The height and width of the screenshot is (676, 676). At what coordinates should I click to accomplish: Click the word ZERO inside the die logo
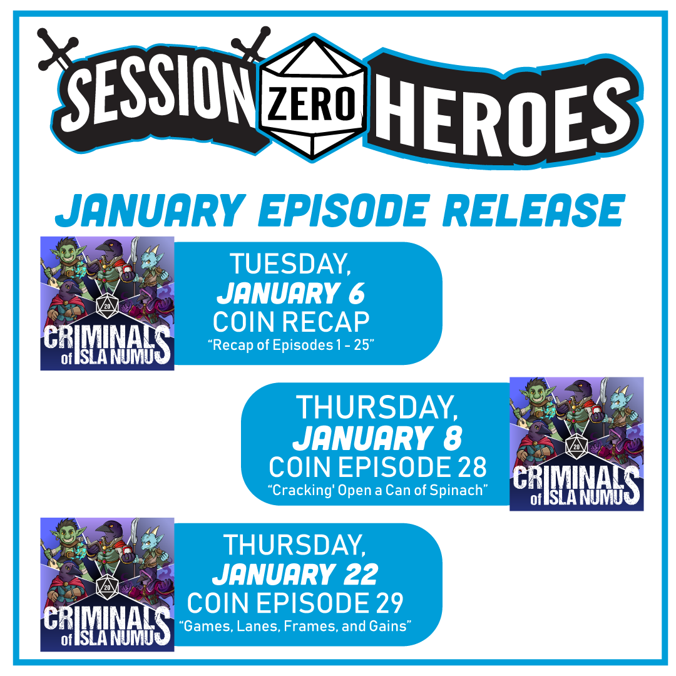click(311, 104)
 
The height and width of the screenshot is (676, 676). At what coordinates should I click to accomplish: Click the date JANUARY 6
click(290, 294)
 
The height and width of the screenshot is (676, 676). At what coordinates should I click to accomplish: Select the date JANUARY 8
click(377, 438)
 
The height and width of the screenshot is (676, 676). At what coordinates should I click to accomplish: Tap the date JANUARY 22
click(295, 575)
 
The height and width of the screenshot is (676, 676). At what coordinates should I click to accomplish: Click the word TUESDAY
click(290, 264)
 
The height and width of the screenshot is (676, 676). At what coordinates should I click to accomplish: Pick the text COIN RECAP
click(291, 322)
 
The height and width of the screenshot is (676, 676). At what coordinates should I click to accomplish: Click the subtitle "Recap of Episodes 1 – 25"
click(291, 345)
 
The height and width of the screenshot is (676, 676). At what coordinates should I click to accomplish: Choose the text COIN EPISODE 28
click(377, 467)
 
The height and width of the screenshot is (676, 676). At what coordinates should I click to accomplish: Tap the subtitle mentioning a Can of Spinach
click(377, 490)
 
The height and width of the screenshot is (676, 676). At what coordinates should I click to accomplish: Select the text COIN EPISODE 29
click(295, 603)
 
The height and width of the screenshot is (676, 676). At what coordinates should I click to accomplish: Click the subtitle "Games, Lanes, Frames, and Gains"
click(295, 626)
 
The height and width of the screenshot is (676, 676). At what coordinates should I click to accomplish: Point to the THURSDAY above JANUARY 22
click(295, 545)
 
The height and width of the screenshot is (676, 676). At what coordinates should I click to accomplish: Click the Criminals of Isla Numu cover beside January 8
click(576, 444)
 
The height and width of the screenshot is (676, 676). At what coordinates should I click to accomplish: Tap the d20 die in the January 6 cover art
click(108, 305)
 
